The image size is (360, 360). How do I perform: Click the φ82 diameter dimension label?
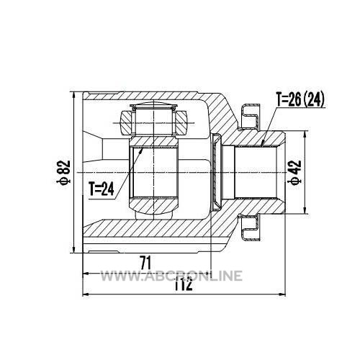[63, 173]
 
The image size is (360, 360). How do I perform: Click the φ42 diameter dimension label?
[295, 172]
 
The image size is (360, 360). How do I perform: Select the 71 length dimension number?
[145, 263]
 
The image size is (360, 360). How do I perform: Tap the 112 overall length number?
[183, 284]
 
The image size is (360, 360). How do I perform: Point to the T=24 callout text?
[102, 189]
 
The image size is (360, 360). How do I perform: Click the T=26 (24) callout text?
[300, 99]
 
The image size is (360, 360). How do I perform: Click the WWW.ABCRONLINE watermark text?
[171, 276]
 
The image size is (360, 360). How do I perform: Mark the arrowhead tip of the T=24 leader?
[143, 148]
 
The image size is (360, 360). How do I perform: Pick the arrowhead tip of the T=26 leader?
[262, 145]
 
